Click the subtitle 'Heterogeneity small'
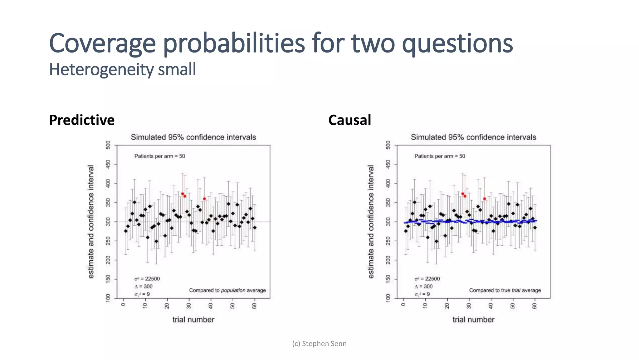point(122,69)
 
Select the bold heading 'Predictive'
point(82,120)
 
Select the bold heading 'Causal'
point(349,120)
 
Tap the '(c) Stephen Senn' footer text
point(319,343)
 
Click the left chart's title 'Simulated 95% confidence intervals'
point(193,137)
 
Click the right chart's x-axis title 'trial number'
point(473,319)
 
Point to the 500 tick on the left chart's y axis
point(108,145)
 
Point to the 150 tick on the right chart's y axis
point(388,279)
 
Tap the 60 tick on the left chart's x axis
point(255,306)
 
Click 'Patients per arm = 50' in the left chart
point(159,156)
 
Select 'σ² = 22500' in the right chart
point(427,279)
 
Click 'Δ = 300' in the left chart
point(144,286)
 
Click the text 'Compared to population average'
point(227,290)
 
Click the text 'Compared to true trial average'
point(505,290)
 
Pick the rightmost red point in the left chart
point(204,199)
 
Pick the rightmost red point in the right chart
point(485,199)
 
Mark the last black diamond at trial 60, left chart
point(255,227)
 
